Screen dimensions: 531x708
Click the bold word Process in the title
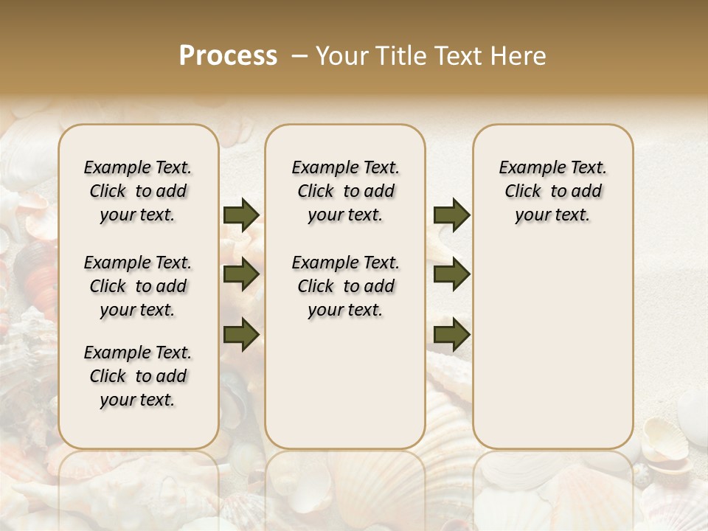(228, 56)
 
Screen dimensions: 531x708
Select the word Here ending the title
(519, 56)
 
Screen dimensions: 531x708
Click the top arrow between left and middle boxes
(241, 215)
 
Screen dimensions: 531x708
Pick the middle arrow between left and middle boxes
(241, 275)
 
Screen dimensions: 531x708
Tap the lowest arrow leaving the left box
(241, 334)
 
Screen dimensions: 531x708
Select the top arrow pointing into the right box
(451, 215)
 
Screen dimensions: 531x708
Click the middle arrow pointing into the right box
(451, 275)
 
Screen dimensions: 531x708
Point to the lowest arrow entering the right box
(451, 334)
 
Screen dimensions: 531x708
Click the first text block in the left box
(138, 191)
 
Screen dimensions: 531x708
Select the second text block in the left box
(138, 286)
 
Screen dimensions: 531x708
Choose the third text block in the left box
(138, 376)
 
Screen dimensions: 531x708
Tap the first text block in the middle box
(345, 191)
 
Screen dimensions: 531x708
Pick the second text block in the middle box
(345, 286)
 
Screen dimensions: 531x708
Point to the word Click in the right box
(523, 192)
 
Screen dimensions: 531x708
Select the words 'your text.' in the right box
(552, 215)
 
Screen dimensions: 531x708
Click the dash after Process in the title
(299, 56)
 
